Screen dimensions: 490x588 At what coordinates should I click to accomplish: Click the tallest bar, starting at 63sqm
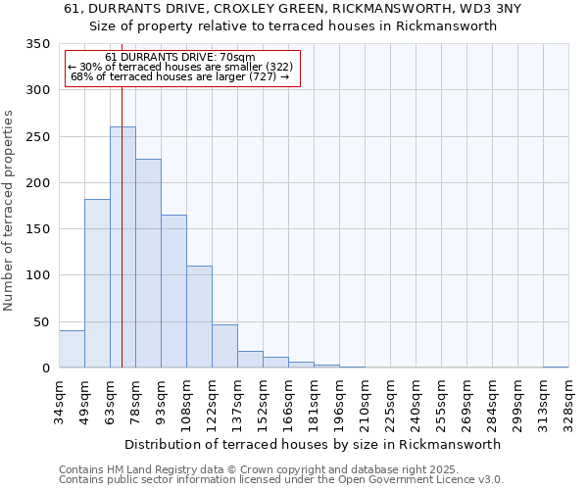122,247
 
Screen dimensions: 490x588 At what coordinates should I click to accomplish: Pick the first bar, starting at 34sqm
72,349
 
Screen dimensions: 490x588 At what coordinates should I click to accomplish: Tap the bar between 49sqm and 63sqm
97,283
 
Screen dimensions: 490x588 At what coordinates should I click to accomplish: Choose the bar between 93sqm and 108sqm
173,291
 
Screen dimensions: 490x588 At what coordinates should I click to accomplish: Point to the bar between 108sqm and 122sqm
199,317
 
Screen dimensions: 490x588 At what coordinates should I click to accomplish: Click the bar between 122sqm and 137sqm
224,346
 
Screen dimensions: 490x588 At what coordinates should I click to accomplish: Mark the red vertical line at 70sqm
122,196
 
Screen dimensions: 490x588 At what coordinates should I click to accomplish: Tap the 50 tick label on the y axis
42,321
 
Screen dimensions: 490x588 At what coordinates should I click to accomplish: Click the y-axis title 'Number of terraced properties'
10,211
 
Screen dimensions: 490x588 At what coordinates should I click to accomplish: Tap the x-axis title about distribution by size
314,444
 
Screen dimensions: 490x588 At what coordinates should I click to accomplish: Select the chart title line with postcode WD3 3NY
293,9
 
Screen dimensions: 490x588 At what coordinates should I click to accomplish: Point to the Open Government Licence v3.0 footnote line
281,480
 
